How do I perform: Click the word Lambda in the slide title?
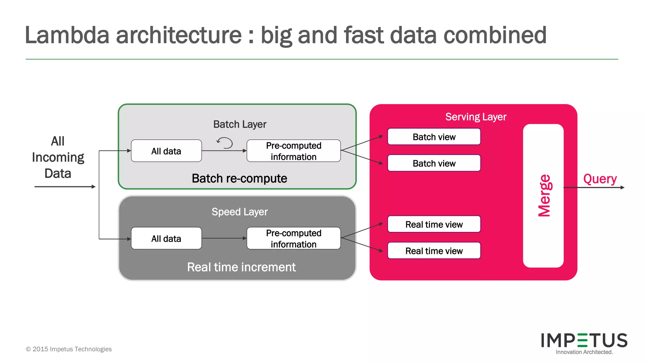tap(67, 35)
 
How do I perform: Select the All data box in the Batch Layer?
tap(166, 151)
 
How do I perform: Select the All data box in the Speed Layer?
tap(166, 239)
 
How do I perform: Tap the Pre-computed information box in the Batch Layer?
tap(294, 151)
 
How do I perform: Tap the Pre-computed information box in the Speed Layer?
tap(294, 239)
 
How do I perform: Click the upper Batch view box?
tap(434, 137)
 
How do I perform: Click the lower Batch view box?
tap(434, 163)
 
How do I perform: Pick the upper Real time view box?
tap(434, 224)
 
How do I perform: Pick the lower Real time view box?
tap(434, 251)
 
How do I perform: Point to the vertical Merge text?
tap(544, 195)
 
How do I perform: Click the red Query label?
tap(600, 179)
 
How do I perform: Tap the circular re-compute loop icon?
tap(225, 143)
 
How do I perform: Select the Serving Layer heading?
tap(476, 117)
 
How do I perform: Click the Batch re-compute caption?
tap(239, 178)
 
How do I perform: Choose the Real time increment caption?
tap(241, 267)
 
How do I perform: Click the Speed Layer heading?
tap(239, 212)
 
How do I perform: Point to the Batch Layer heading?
tap(240, 124)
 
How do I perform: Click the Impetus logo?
tap(584, 343)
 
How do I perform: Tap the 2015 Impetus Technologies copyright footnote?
tap(69, 349)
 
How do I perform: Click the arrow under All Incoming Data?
tap(65, 187)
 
